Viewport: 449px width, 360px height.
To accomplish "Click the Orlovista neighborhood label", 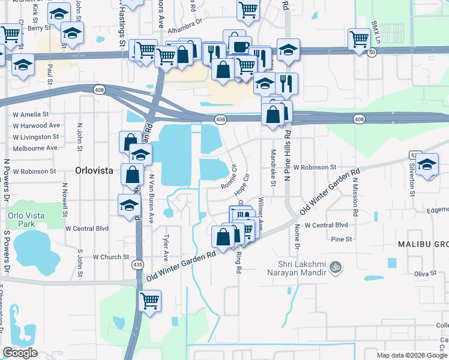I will pos(94,170).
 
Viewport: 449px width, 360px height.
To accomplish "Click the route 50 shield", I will pos(372,53).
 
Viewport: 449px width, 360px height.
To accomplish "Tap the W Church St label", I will pos(111,257).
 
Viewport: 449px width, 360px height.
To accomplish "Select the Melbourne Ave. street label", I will pos(36,148).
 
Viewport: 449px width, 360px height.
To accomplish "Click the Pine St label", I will pos(342,239).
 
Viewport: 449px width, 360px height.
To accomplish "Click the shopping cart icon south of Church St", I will pos(149,299).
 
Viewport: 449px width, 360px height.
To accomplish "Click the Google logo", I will pos(20,353).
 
